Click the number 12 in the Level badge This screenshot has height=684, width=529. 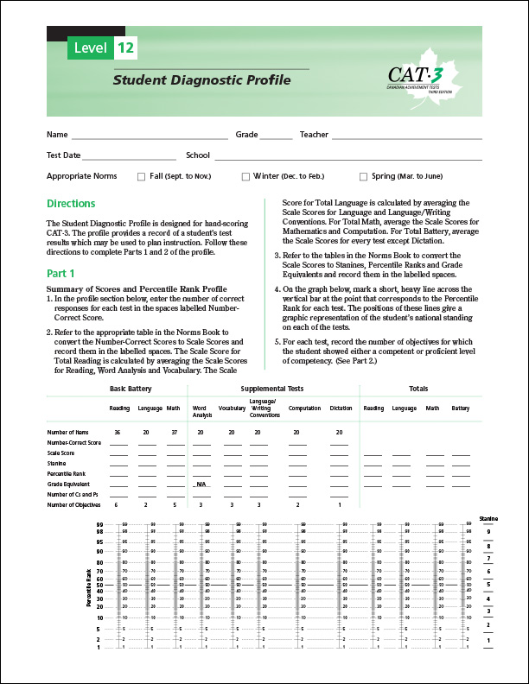coord(124,49)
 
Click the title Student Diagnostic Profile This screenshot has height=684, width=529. coord(201,80)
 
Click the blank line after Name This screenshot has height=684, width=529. coord(149,135)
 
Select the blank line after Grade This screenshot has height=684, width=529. coord(277,135)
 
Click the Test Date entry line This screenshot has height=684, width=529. coord(129,155)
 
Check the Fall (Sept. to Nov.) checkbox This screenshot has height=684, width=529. coord(141,176)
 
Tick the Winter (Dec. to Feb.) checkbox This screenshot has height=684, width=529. coord(245,176)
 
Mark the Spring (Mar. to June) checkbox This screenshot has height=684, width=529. coord(363,176)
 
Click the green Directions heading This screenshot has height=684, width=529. coord(71,205)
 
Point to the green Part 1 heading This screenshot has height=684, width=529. coord(61,273)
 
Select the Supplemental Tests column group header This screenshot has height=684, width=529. coord(271,389)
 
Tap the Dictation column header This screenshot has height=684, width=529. coord(341,408)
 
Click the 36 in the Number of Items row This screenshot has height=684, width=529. coord(117,431)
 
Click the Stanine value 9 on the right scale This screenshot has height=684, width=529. coord(488,531)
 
